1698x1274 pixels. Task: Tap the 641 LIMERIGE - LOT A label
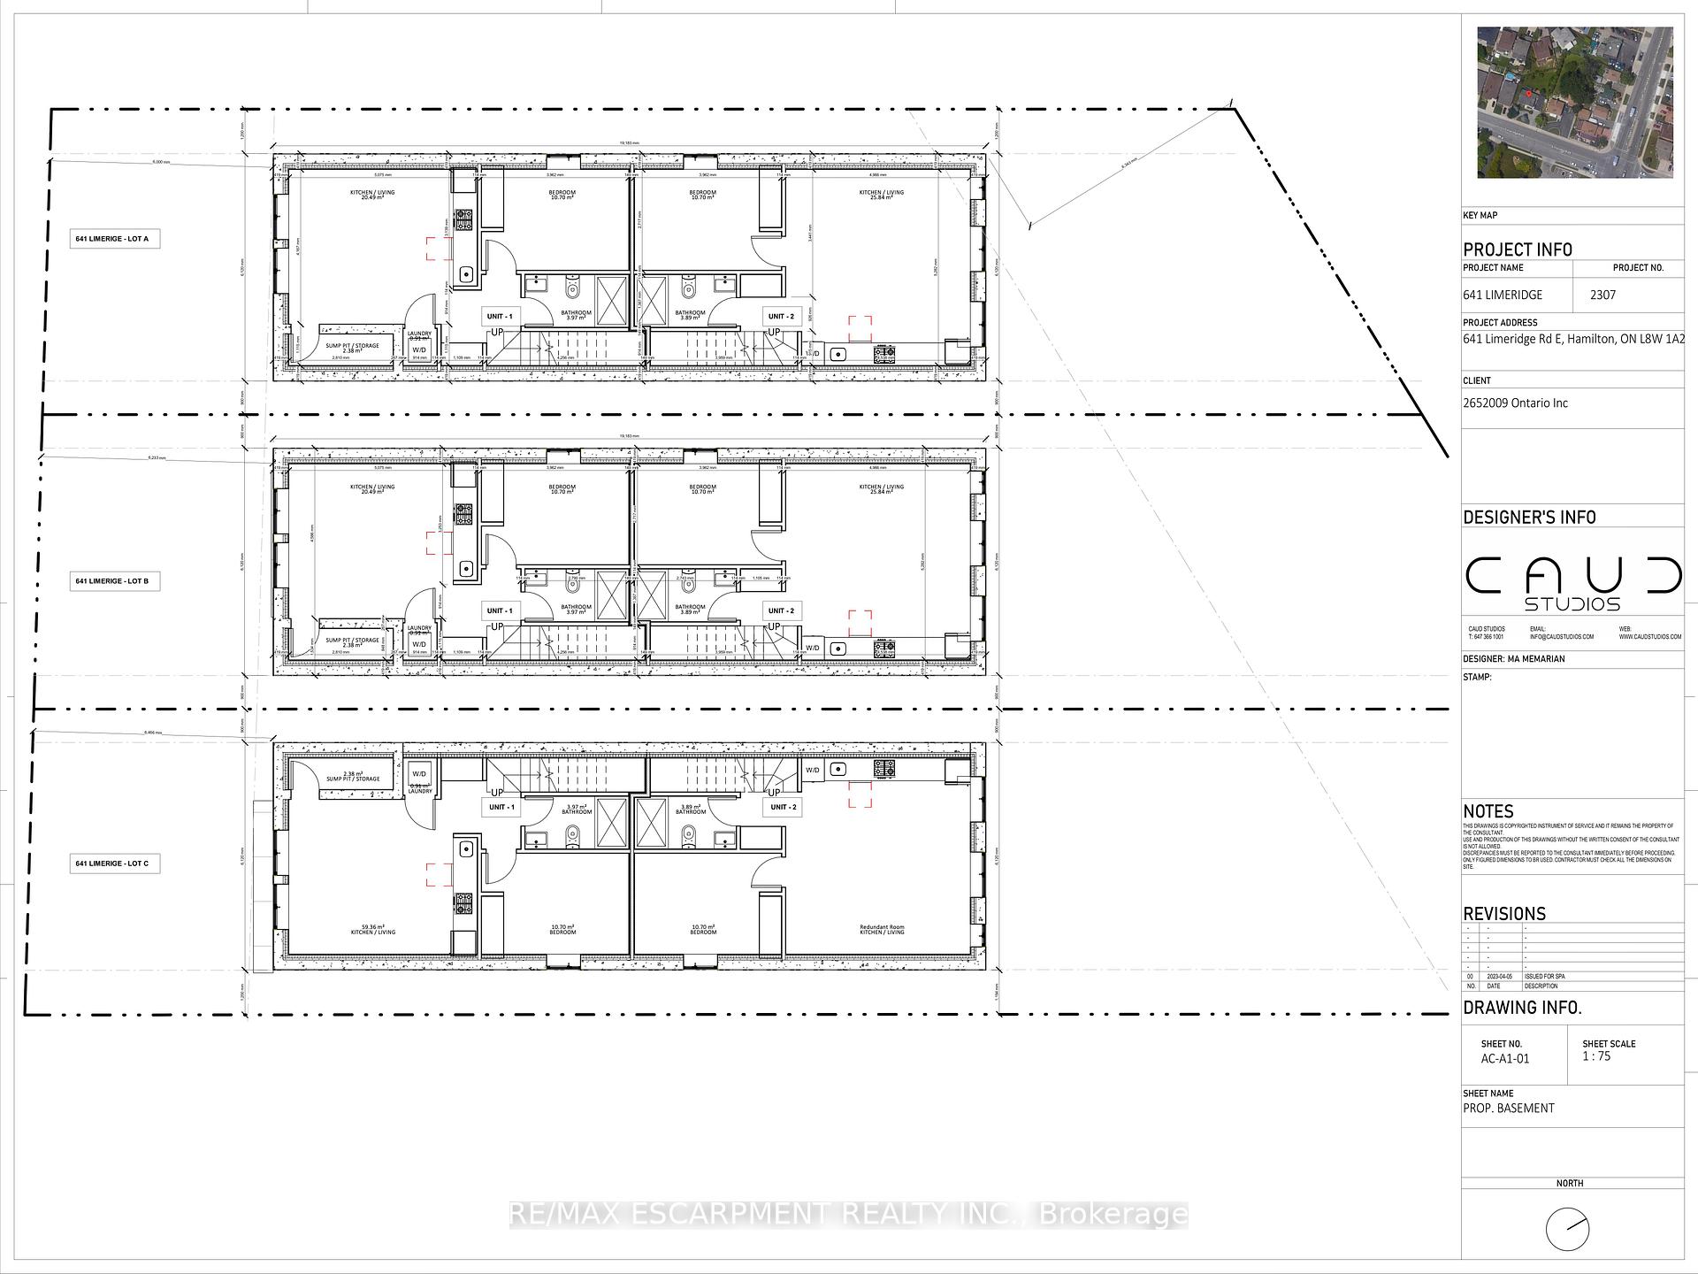pyautogui.click(x=115, y=239)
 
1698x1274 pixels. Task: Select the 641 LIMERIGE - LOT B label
pyautogui.click(x=115, y=581)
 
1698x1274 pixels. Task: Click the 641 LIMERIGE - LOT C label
pyautogui.click(x=115, y=863)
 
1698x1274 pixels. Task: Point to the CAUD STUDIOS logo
pyautogui.click(x=1572, y=584)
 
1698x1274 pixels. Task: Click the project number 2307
pyautogui.click(x=1602, y=295)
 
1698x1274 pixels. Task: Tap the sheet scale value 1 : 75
pyautogui.click(x=1597, y=1056)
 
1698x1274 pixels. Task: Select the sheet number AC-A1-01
pyautogui.click(x=1504, y=1058)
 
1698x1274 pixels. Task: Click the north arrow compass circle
pyautogui.click(x=1567, y=1229)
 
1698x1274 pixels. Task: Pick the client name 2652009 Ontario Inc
pyautogui.click(x=1515, y=403)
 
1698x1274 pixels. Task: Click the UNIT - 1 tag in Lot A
pyautogui.click(x=500, y=316)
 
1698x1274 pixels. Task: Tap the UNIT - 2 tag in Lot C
pyautogui.click(x=782, y=807)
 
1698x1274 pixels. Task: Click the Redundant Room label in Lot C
pyautogui.click(x=882, y=928)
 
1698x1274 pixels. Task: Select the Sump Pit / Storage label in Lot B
pyautogui.click(x=352, y=641)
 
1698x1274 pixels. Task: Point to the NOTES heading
pyautogui.click(x=1488, y=811)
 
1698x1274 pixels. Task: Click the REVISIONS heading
pyautogui.click(x=1504, y=914)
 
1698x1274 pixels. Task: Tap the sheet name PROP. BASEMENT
pyautogui.click(x=1509, y=1108)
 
